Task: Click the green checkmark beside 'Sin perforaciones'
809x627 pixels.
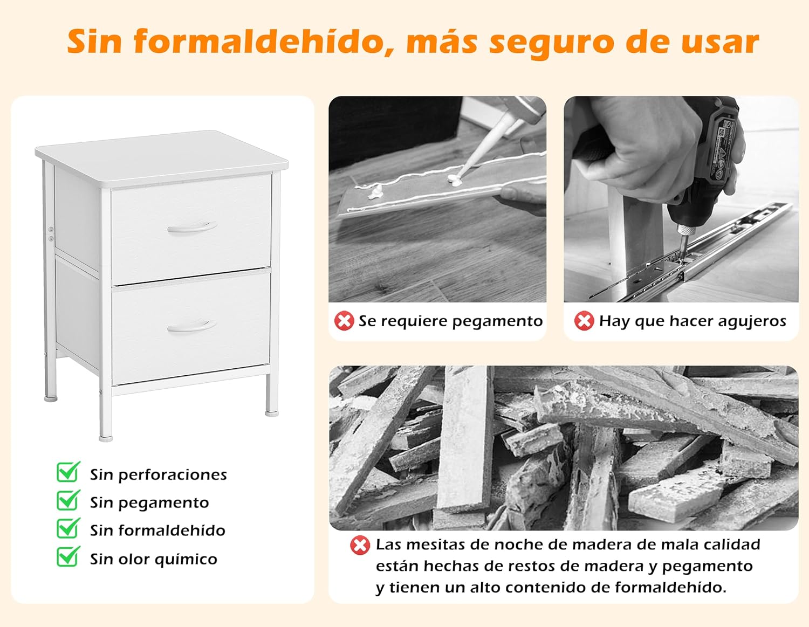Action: (x=68, y=472)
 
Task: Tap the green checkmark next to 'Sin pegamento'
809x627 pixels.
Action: (x=68, y=500)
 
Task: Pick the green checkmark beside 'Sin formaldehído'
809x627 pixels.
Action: (x=68, y=528)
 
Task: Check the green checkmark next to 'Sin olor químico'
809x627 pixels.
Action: (x=68, y=557)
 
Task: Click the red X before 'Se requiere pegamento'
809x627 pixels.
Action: (x=344, y=321)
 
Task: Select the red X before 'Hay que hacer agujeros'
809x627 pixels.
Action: (x=584, y=321)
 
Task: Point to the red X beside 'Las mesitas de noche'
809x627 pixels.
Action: (x=360, y=545)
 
